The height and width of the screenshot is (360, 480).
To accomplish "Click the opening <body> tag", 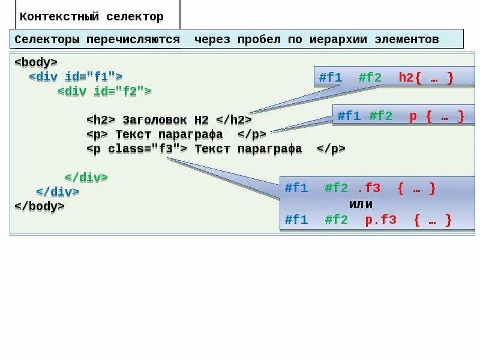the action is pos(36,62).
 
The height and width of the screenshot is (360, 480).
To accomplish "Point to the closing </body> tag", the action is pos(39,206).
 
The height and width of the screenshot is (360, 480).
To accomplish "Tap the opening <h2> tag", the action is pos(101,119).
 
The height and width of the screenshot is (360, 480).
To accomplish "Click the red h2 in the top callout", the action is pos(406,77).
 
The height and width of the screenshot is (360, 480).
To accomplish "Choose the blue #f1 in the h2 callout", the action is pos(330,77).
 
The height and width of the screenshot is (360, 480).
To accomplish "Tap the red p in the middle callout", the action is pos(413,116).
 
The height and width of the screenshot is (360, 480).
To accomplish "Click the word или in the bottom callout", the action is pos(361,204).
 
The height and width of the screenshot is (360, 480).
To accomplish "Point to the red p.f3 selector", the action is pos(381,220).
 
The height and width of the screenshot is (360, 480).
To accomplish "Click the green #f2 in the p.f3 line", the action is pos(336,220).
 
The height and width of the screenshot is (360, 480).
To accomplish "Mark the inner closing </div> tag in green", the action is pos(86,177).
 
